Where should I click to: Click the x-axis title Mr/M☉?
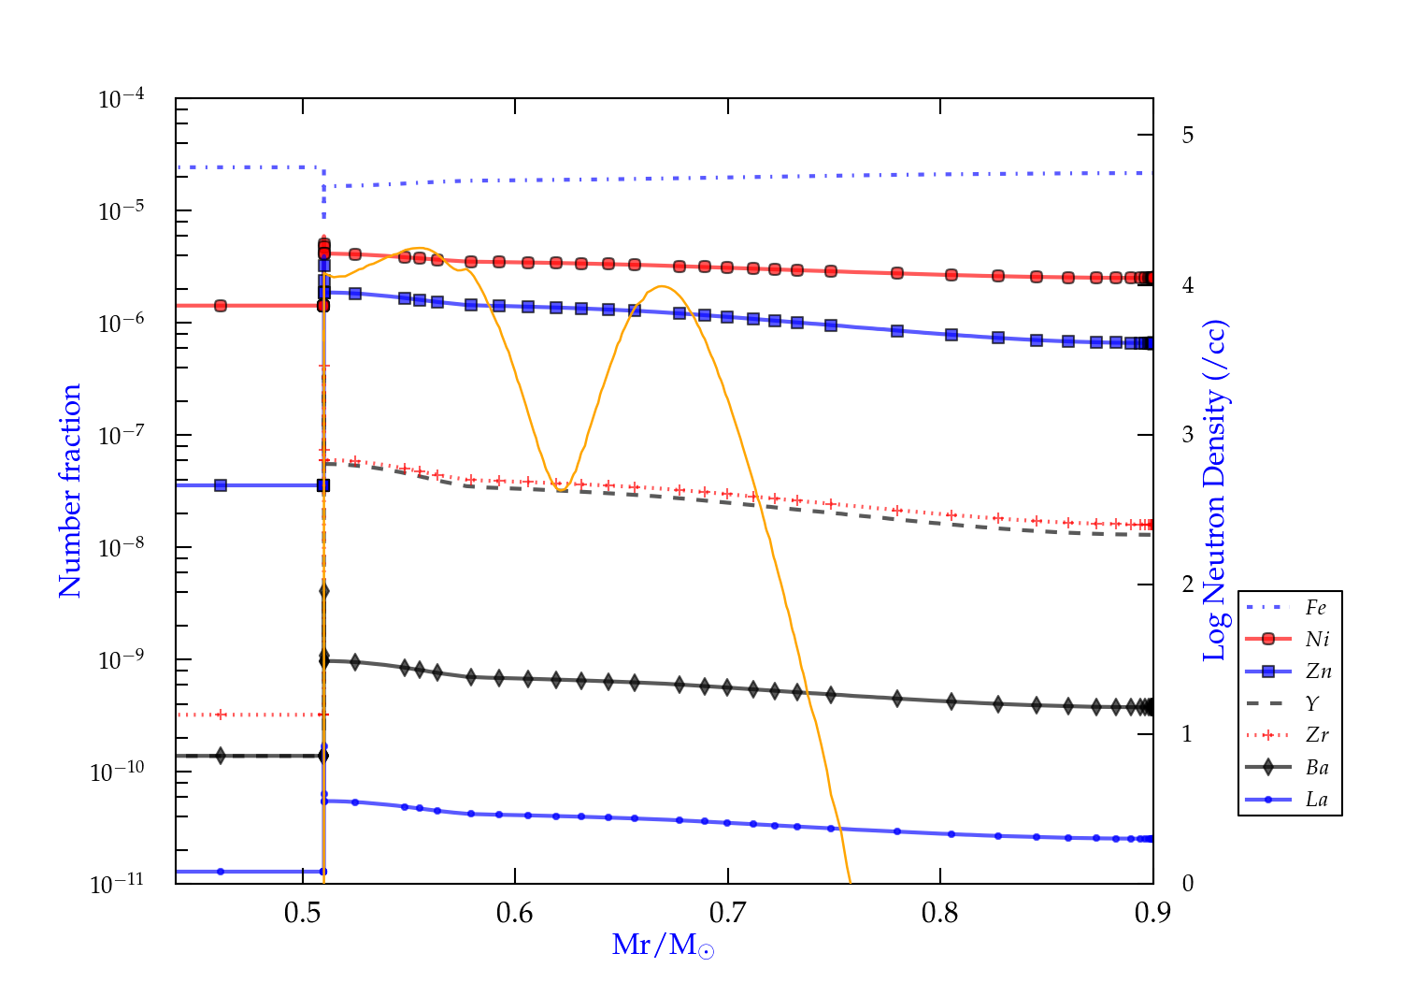pos(663,946)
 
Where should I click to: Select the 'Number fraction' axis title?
pos(70,491)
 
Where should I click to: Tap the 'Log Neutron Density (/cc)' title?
pos(1214,491)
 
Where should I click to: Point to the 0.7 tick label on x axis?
pos(727,913)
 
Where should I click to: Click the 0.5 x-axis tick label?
pos(303,913)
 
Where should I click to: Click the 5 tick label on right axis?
pos(1188,136)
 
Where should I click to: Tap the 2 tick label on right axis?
pos(1188,585)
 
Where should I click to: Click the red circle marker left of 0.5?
pos(221,306)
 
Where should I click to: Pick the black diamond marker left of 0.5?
pos(221,756)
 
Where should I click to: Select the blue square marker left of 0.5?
pos(221,485)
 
